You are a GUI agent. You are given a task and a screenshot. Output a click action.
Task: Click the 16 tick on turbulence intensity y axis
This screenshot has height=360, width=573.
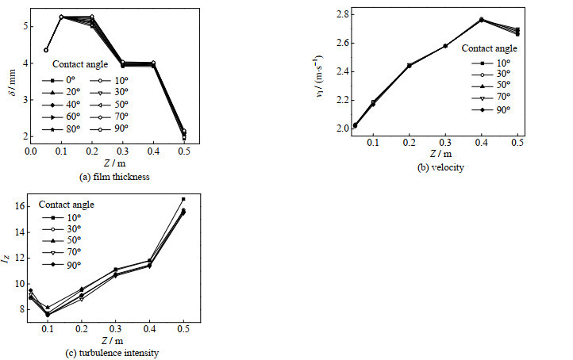[x=23, y=206]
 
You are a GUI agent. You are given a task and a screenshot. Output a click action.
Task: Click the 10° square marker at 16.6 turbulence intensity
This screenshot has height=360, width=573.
[x=183, y=199]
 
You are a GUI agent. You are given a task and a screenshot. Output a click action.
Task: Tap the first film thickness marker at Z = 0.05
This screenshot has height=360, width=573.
[x=46, y=50]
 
